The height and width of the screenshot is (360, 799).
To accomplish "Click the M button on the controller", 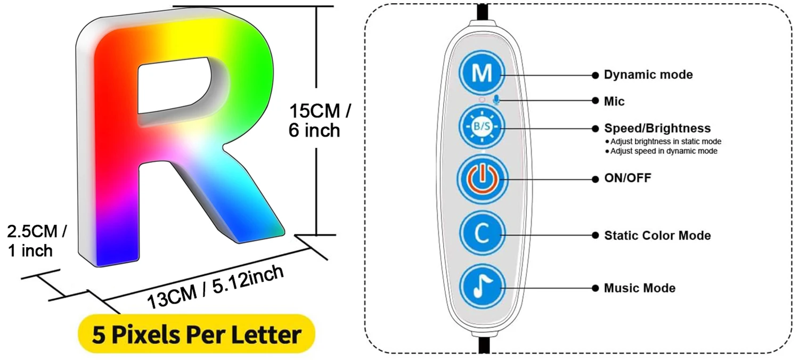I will pos(482,73).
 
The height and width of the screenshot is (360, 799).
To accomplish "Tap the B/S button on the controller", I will pos(482,127).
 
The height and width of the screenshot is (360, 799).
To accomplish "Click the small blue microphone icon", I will pos(496,100).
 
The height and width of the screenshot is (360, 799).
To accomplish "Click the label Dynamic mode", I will pos(648,75).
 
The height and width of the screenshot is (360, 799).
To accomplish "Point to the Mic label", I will pos(614,101).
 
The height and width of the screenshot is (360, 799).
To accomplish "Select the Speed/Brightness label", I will pos(657,128).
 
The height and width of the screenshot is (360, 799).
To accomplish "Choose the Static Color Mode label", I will pos(657,235).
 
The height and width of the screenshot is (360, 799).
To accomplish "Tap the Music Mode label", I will pos(640,288).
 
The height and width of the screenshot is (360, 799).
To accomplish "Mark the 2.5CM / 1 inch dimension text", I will pos(36,241).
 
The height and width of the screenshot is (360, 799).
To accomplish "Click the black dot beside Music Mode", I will pos(594,288).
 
